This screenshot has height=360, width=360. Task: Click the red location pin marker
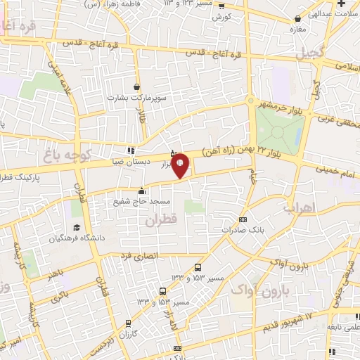click(180, 165)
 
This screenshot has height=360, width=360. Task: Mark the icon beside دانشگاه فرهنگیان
click(75, 229)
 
